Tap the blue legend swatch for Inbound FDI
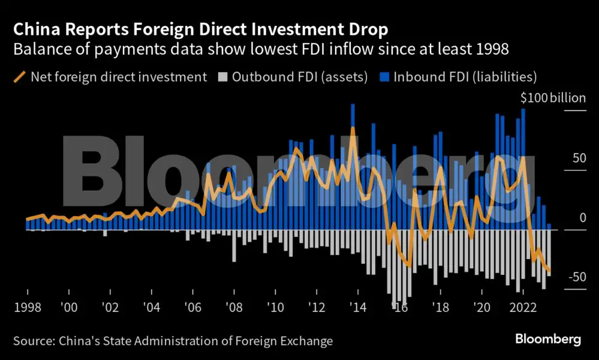click(x=384, y=77)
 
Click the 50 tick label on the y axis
click(x=578, y=158)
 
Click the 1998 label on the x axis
click(x=28, y=307)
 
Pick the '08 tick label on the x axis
click(x=233, y=307)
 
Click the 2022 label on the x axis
click(x=523, y=307)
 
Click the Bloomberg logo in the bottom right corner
click(x=547, y=340)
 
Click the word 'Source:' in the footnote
click(x=34, y=341)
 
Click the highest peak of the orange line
click(x=353, y=128)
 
